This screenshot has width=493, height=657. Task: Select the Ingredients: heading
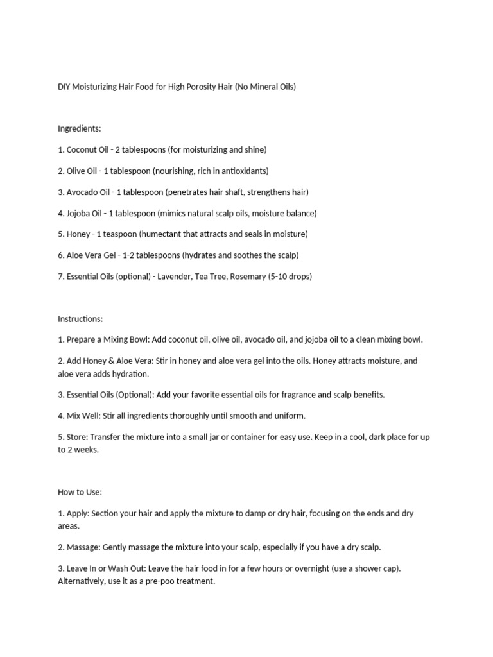pos(80,128)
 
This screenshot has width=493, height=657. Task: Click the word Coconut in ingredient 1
pos(82,149)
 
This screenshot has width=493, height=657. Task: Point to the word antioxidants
pos(243,171)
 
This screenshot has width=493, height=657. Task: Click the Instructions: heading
pos(80,319)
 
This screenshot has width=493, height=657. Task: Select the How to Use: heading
pos(80,492)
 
